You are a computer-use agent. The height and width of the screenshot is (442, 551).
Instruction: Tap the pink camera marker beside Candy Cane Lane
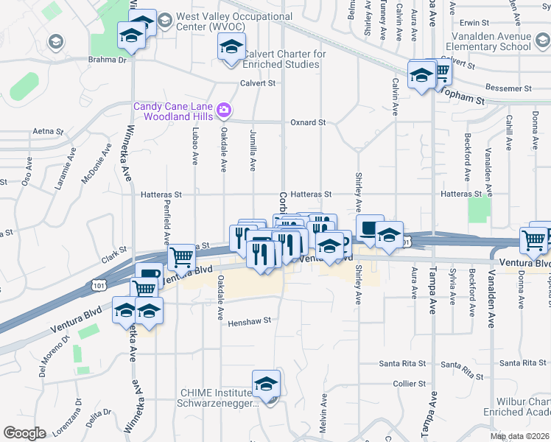point(225,112)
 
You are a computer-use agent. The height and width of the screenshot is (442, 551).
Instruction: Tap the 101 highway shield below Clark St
point(99,284)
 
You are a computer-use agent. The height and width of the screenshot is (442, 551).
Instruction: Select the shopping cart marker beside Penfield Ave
point(180,258)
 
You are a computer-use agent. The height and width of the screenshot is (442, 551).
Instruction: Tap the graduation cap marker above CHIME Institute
point(266,383)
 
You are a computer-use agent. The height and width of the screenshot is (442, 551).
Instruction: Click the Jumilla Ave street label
point(253,152)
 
